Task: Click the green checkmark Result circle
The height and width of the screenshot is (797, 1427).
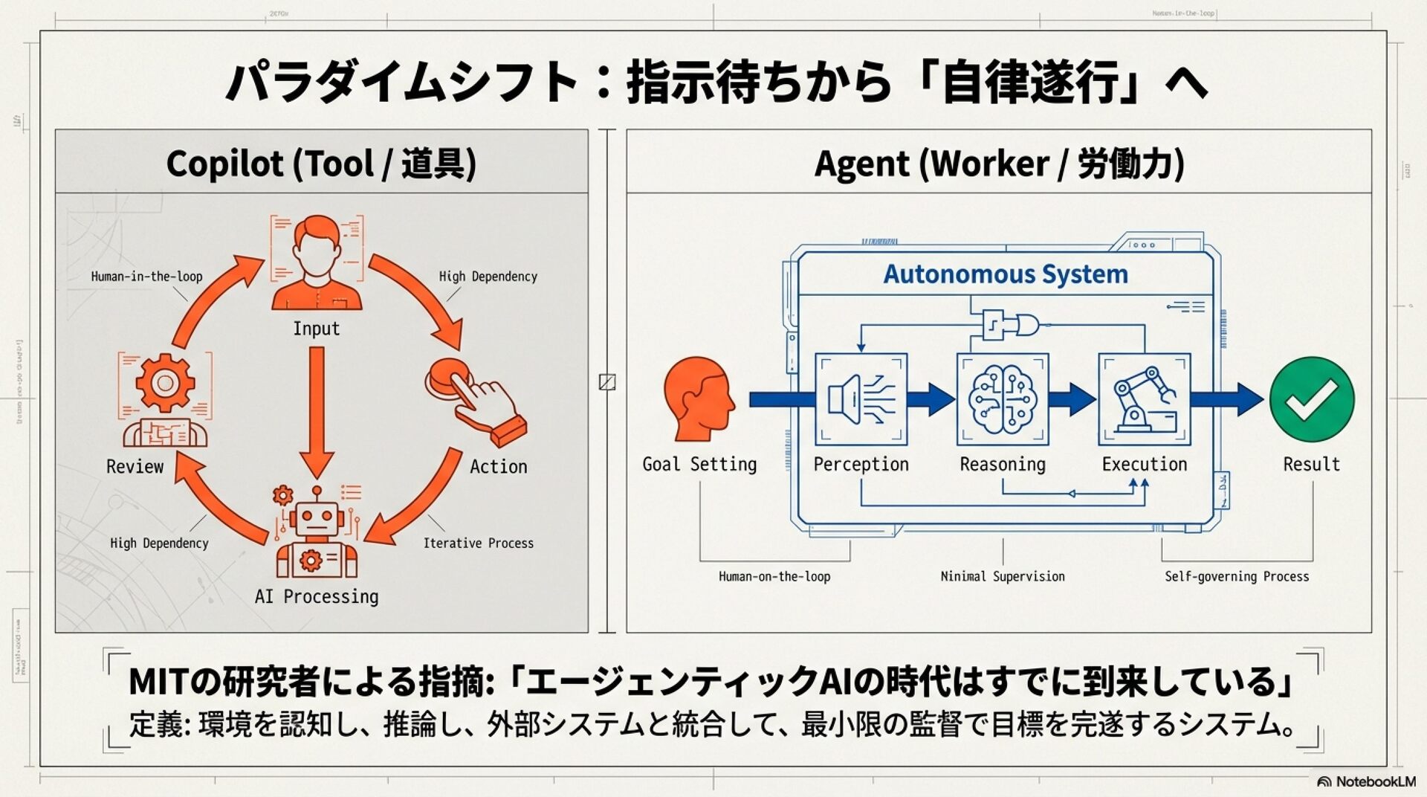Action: [1312, 400]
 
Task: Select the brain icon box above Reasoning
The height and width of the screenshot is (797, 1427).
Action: [1003, 399]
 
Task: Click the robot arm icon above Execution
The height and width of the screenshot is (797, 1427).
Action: [1144, 399]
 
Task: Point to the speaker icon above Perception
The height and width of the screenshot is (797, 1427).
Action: [861, 399]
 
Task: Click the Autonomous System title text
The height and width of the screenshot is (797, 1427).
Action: [1005, 274]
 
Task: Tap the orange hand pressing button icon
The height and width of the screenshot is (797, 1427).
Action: [476, 400]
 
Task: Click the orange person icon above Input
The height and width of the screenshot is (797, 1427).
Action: [317, 262]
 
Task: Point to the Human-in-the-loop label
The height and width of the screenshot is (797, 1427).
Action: [146, 277]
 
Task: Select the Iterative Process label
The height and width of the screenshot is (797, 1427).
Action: [478, 543]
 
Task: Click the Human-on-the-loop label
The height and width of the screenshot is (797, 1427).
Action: [774, 576]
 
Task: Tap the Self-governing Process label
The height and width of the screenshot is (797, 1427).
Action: [1236, 576]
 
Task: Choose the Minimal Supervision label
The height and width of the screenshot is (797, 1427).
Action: [1002, 576]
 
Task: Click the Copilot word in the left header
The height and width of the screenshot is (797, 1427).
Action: [224, 164]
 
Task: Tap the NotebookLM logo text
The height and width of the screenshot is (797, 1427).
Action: [1375, 781]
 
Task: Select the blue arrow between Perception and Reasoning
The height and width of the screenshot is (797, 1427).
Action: [931, 399]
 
